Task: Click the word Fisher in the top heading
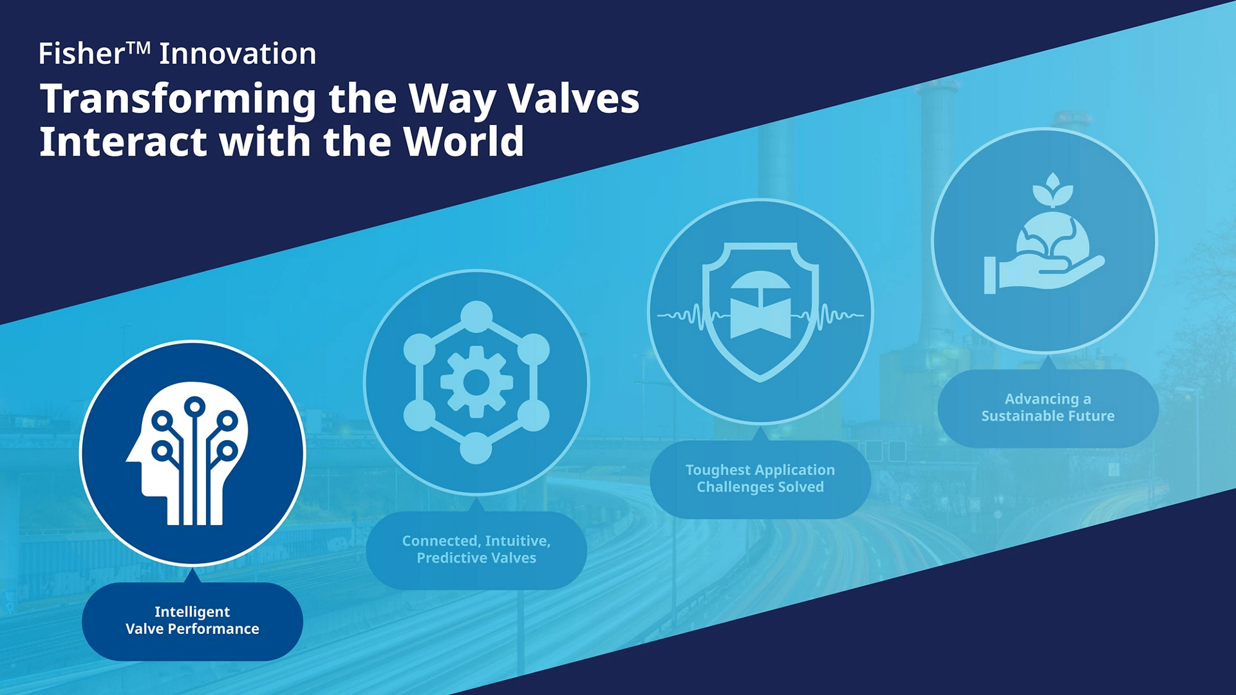(x=81, y=53)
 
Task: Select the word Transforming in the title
(x=178, y=100)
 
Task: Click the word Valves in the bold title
(x=574, y=98)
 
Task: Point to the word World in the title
(x=464, y=142)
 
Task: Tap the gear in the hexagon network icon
(x=476, y=382)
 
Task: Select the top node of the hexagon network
(x=476, y=317)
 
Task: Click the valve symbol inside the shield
(x=760, y=306)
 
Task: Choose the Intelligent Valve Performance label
(x=192, y=620)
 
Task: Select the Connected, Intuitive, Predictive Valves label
(x=476, y=550)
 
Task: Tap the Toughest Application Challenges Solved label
(x=760, y=479)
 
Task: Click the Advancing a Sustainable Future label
(x=1048, y=408)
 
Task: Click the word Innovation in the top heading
(x=238, y=53)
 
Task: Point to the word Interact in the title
(x=124, y=142)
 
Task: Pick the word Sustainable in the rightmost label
(x=1022, y=416)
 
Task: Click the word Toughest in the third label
(x=715, y=470)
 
